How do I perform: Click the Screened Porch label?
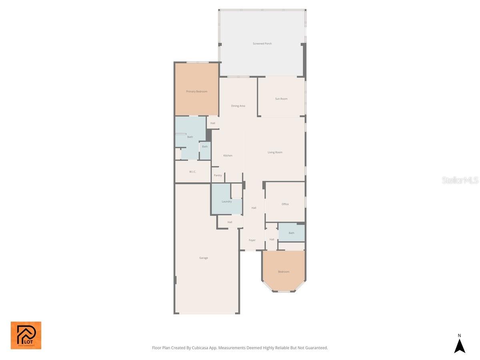pos(262,44)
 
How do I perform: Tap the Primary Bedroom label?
pos(196,92)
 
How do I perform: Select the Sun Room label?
pos(281,99)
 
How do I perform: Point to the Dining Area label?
pos(238,106)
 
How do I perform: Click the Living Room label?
pos(275,152)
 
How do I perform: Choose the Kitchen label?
pos(228,156)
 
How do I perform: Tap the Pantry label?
pos(218,176)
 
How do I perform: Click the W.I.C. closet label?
pos(192,172)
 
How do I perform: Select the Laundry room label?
pos(226,202)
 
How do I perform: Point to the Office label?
pos(285,204)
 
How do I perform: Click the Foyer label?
pos(252,240)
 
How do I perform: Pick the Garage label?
pos(204,258)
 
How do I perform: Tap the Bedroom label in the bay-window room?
pos(284,272)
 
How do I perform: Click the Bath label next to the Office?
pos(291,233)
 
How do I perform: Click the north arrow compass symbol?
pos(460,344)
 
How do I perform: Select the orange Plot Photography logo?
pos(26,335)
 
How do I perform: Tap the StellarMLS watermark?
pos(460,180)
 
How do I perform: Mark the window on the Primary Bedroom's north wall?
pos(198,62)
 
